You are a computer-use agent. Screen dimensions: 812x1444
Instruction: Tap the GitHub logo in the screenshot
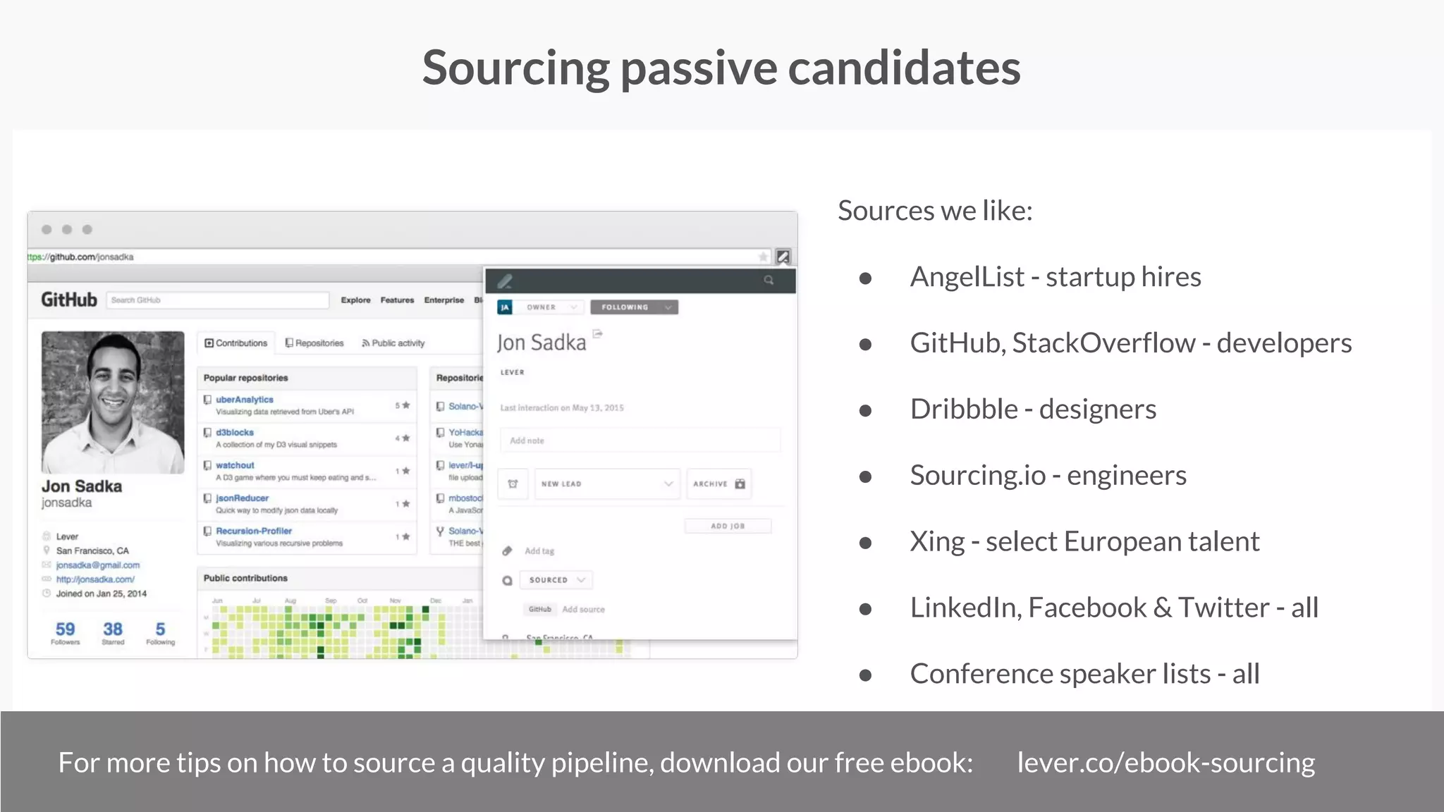(x=69, y=300)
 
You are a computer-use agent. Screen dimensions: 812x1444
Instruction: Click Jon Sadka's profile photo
(x=113, y=402)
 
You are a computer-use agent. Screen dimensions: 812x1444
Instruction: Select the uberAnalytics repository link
(x=244, y=399)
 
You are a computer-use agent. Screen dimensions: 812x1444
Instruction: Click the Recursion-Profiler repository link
(x=254, y=531)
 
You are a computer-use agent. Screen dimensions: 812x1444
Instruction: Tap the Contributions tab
(x=236, y=343)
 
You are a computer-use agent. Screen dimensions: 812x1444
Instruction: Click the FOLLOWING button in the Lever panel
(x=634, y=307)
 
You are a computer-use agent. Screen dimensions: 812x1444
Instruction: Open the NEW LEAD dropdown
(x=606, y=484)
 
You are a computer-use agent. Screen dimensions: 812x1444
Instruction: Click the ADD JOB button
(x=728, y=526)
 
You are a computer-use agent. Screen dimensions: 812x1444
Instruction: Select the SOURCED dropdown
(x=556, y=580)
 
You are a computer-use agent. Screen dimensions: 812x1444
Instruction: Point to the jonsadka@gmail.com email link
(x=98, y=565)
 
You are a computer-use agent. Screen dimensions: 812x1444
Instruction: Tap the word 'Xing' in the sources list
(x=937, y=541)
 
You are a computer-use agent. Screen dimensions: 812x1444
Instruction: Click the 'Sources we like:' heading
(x=935, y=210)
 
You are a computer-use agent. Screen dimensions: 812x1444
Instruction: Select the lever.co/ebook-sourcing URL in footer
(x=1165, y=763)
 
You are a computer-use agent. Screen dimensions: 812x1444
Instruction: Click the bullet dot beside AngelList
(x=865, y=278)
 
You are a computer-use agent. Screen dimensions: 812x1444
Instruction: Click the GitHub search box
(x=217, y=300)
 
